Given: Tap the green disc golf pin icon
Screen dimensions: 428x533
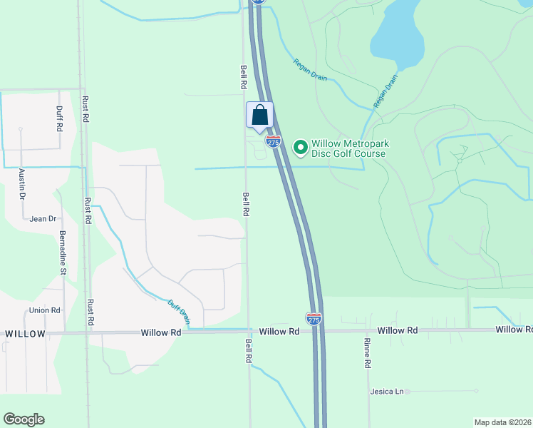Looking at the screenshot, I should coord(300,148).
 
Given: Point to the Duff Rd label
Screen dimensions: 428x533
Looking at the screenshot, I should coord(59,118).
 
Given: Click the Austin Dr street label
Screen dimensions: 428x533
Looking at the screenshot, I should coord(22,185).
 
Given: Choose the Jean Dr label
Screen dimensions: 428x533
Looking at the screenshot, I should coord(43,219).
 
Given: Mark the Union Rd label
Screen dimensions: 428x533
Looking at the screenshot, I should coord(45,310).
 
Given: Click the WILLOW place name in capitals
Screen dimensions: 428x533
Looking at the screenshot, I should coord(25,334).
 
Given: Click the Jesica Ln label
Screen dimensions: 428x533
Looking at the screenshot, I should coord(387,392).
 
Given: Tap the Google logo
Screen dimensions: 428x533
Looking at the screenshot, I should coord(24,419).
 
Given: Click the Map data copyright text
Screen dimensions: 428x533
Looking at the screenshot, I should coord(503,422).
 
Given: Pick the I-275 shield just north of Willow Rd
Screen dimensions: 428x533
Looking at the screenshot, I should coord(314,318).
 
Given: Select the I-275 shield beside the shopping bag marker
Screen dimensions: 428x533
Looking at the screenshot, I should coord(274,142).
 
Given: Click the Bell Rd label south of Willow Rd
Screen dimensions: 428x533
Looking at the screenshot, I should coord(249,352).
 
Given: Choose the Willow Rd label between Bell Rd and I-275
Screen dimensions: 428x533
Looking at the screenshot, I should coord(279,332).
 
